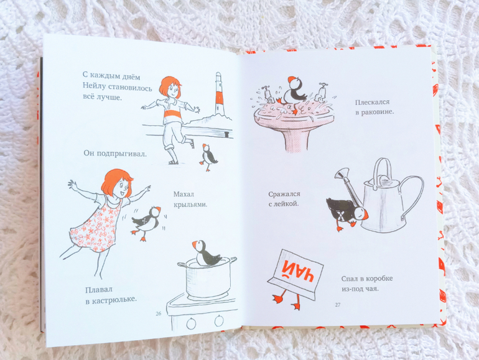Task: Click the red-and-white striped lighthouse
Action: pyautogui.click(x=219, y=94)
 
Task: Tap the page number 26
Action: pyautogui.click(x=158, y=313)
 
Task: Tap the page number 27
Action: pyautogui.click(x=338, y=305)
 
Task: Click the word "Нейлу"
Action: pyautogui.click(x=94, y=86)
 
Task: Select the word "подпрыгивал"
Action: pyautogui.click(x=121, y=154)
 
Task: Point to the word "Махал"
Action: pyautogui.click(x=184, y=194)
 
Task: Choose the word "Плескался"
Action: pyautogui.click(x=373, y=102)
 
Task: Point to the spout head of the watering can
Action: pyautogui.click(x=342, y=173)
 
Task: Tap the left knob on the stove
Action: pyautogui.click(x=191, y=324)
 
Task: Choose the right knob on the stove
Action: pyautogui.click(x=219, y=321)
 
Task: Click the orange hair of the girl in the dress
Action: pyautogui.click(x=115, y=182)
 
